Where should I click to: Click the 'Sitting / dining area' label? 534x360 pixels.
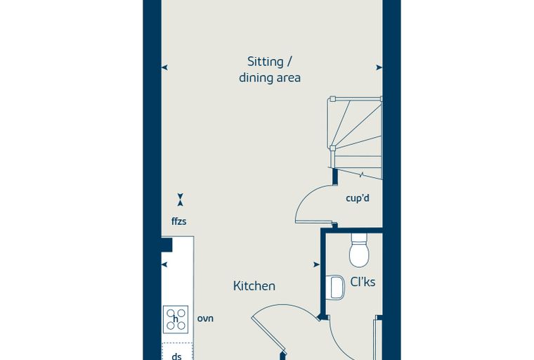point(269,70)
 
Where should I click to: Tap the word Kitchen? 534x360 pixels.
point(254,285)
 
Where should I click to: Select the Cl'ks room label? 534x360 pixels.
point(363,282)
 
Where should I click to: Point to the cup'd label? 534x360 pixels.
point(357,198)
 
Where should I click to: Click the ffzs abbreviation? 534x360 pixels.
point(178,221)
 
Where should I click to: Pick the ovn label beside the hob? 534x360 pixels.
point(205,319)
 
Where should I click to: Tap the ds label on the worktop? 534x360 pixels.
point(176,356)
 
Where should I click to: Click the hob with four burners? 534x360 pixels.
point(176,319)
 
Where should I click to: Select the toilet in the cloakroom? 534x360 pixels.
point(359,250)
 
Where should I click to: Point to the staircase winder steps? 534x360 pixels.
point(356,138)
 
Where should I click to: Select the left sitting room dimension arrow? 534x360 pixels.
point(164,67)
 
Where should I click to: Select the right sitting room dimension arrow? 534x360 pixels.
point(379,67)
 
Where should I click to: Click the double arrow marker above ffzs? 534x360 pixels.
point(180,200)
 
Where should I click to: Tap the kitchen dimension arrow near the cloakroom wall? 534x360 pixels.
point(316,264)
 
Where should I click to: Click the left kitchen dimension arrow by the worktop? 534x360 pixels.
point(164,264)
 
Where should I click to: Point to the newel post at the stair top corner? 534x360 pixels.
point(332,99)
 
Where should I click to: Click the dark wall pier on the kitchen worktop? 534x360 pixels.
point(167,245)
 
